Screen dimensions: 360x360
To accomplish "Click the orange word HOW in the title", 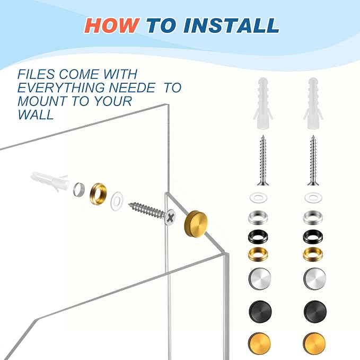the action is [112, 25].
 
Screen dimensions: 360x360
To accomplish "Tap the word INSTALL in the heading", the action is [231, 25].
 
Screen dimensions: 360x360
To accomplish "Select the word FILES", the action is [36, 74].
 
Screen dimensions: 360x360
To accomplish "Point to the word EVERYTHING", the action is [62, 87].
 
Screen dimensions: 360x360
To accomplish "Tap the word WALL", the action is [36, 115].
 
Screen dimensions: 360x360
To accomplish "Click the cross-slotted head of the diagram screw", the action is [170, 217].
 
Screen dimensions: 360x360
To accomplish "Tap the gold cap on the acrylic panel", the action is [196, 224].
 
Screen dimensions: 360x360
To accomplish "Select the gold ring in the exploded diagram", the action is [98, 192].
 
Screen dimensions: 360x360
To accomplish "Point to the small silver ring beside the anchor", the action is [79, 189].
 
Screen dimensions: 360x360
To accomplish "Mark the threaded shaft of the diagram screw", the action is [146, 209].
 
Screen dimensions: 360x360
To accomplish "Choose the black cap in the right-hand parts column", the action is [315, 311].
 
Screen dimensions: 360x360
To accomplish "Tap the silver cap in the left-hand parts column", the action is [260, 279].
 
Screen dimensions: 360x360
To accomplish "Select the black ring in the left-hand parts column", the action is [258, 236].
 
